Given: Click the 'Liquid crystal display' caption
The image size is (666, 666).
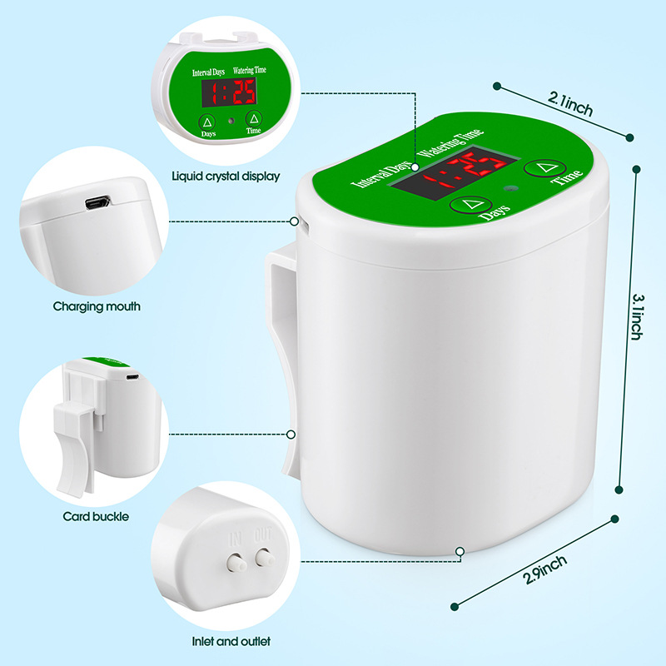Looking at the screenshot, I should pyautogui.click(x=226, y=176).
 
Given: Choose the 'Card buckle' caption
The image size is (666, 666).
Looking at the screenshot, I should pyautogui.click(x=97, y=516).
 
